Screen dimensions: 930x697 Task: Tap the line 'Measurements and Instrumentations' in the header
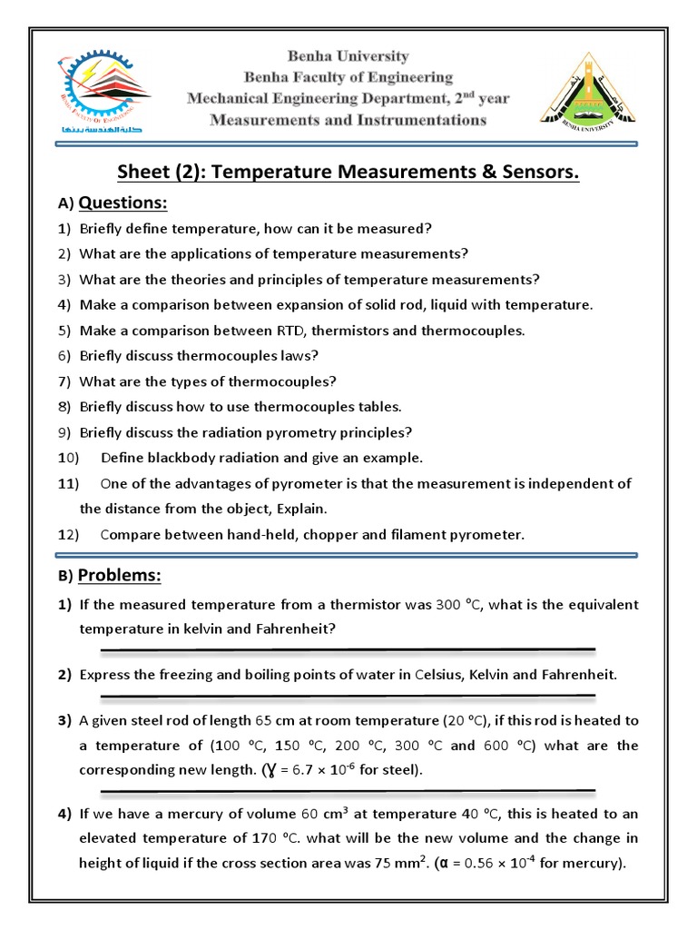[x=348, y=120]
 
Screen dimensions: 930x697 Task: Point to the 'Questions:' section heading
[x=123, y=203]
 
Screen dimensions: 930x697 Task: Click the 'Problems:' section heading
[x=120, y=576]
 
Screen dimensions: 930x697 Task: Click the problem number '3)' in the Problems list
[x=64, y=721]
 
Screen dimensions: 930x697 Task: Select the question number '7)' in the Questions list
[x=64, y=381]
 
